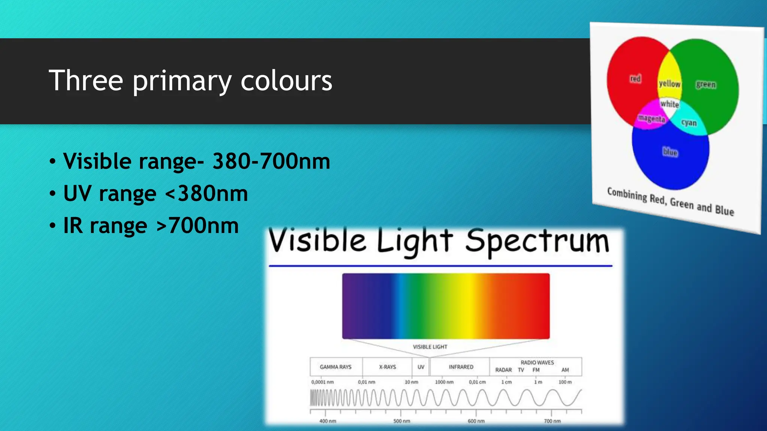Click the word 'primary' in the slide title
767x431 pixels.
[182, 81]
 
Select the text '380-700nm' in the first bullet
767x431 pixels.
[271, 162]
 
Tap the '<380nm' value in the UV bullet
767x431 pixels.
[206, 194]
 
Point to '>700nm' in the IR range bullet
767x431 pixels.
[197, 226]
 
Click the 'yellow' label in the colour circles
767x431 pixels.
[670, 83]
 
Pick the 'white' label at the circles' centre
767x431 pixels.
[670, 104]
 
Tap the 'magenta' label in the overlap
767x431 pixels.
[652, 119]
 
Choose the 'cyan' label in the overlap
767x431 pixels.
[689, 123]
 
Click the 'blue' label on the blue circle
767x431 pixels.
[670, 152]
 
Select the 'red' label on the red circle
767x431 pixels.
[635, 79]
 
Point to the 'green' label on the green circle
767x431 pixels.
[706, 85]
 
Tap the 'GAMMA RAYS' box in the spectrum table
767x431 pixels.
[336, 367]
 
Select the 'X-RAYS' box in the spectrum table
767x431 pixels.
[387, 367]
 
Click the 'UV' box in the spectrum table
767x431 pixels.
[421, 367]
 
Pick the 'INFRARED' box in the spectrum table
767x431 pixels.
[461, 367]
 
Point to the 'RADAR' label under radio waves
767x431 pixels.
[503, 370]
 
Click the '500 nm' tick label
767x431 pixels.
[401, 421]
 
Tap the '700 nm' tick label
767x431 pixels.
[552, 421]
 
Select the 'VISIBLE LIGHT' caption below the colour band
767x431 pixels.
[430, 347]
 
